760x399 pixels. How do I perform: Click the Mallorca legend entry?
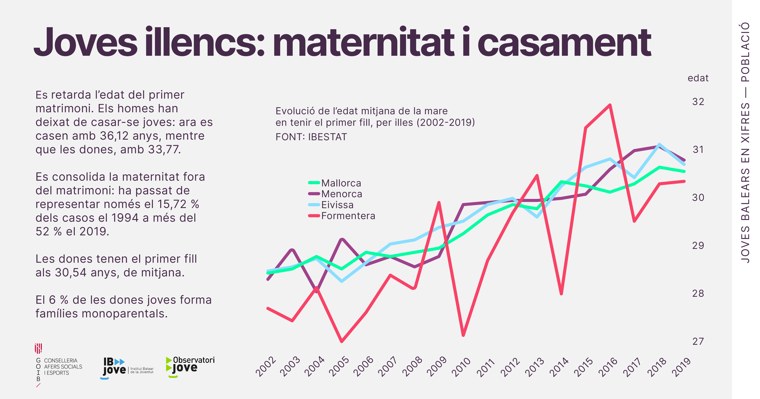(x=341, y=183)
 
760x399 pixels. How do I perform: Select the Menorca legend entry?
(x=341, y=194)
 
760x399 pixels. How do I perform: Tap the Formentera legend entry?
(x=348, y=216)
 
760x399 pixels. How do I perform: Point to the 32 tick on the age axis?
(x=698, y=102)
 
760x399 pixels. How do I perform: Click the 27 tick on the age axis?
(x=698, y=342)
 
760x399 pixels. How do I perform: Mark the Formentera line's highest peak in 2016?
(x=610, y=105)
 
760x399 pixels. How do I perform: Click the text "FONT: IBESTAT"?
(x=311, y=137)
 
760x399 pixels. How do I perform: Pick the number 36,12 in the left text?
(x=114, y=136)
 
